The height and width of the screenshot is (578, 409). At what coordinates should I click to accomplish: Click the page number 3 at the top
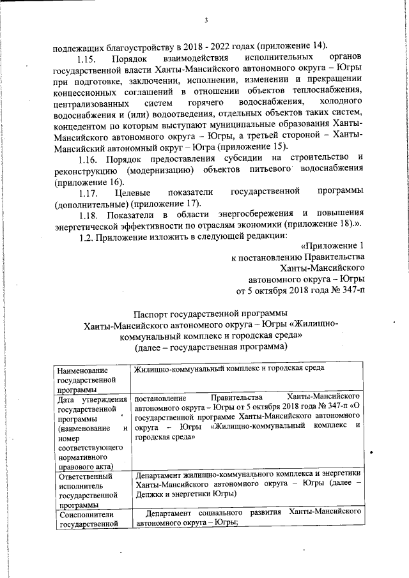tap(206, 20)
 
